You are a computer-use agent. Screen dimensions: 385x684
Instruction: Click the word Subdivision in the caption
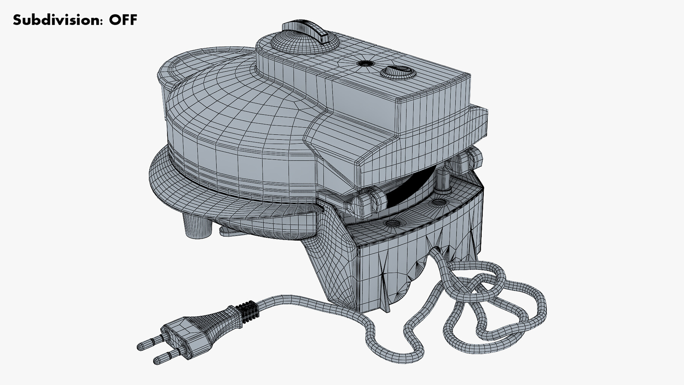coord(57,20)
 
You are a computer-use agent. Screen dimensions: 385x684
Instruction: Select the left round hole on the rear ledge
coord(391,223)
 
